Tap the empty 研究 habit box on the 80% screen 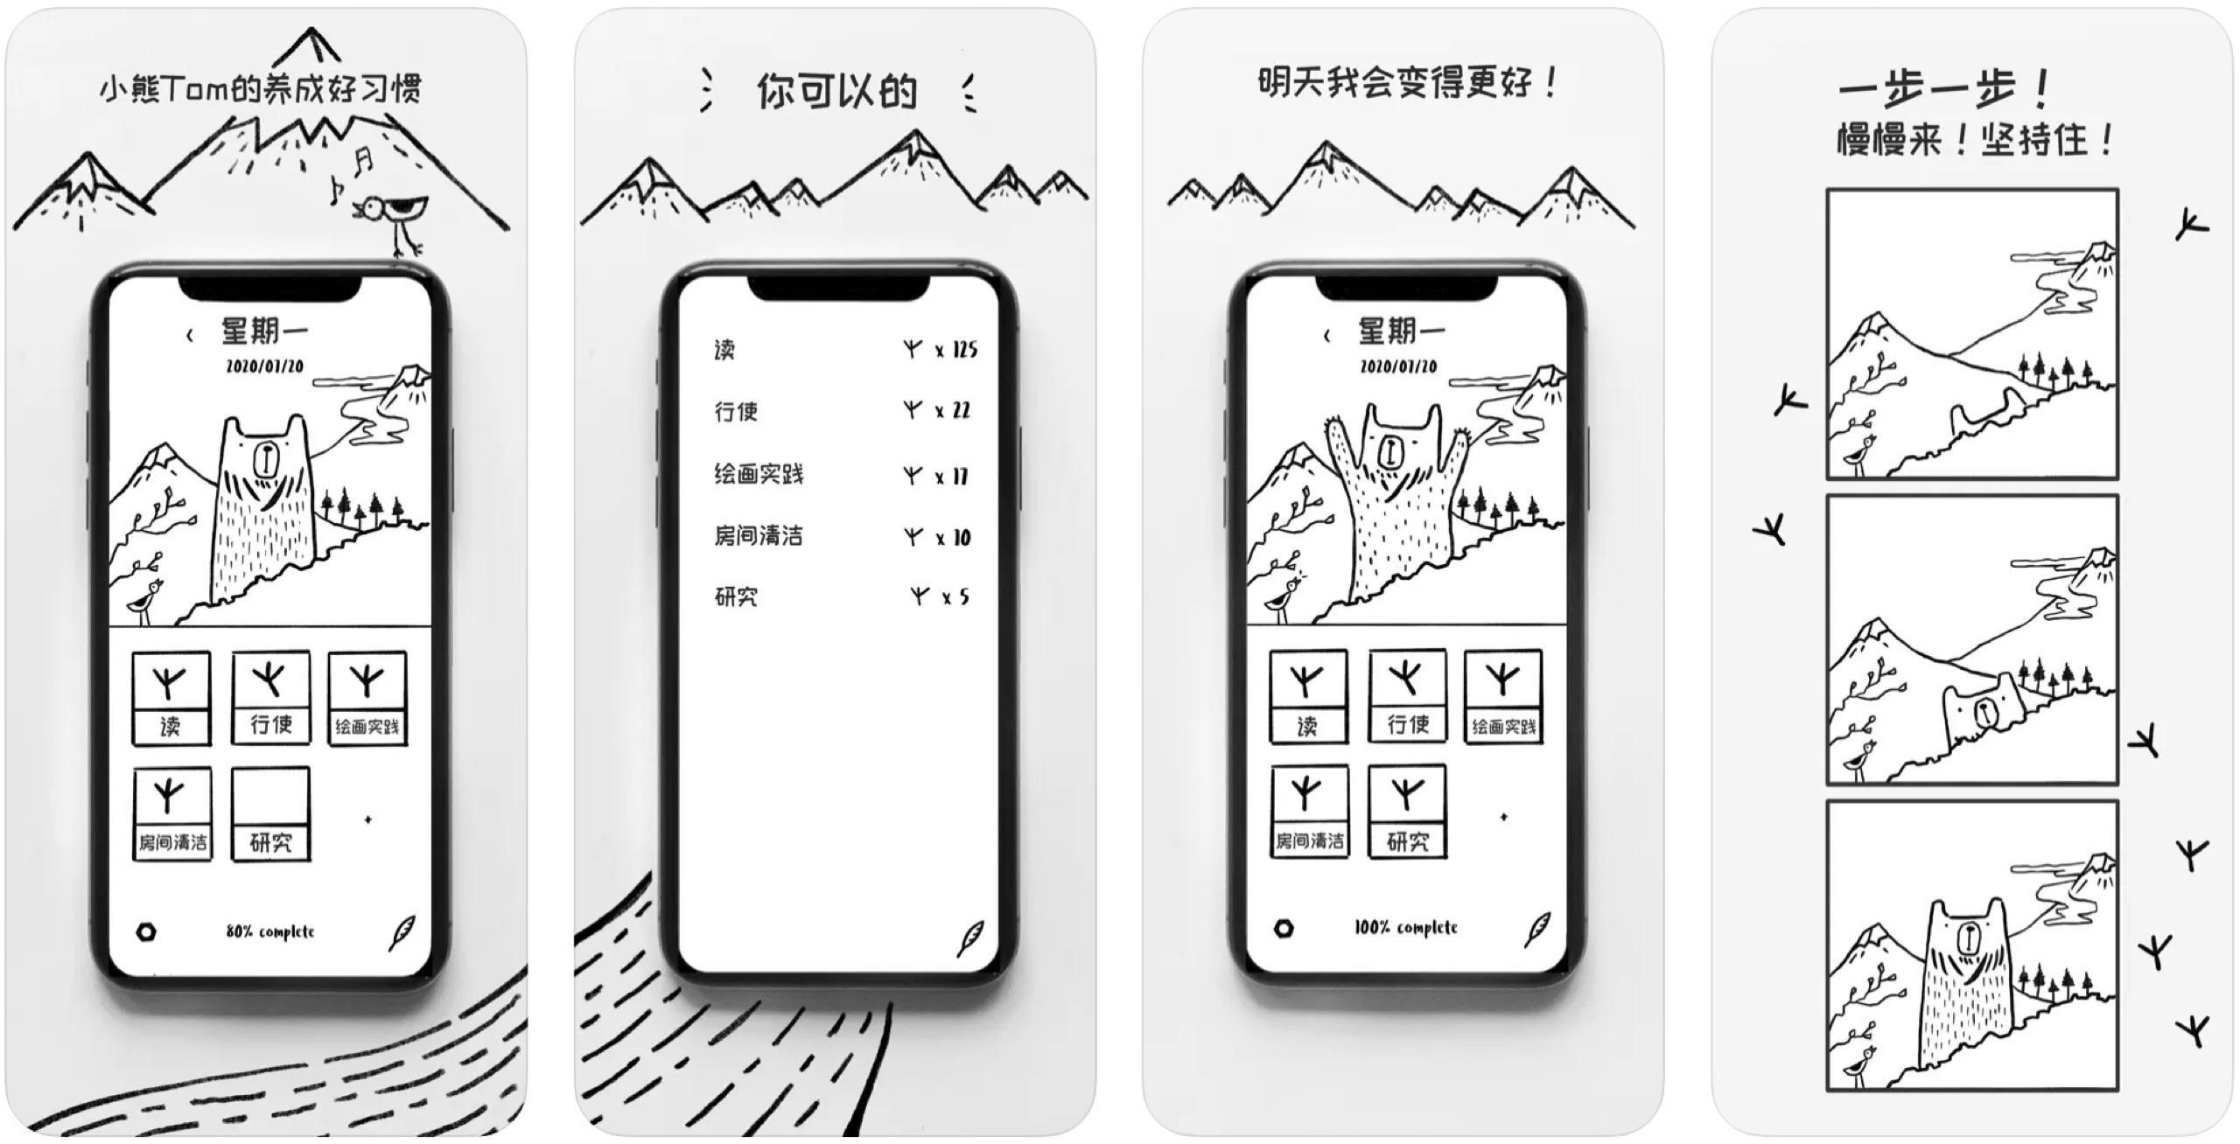(x=270, y=814)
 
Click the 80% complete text (x=269, y=931)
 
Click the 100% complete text (x=1406, y=927)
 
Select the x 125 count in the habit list (x=956, y=350)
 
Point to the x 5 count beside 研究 (x=955, y=597)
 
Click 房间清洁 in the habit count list (x=759, y=535)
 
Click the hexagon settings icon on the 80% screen (x=147, y=931)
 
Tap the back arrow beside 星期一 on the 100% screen (x=1326, y=336)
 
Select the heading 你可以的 (x=836, y=91)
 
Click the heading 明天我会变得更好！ (x=1408, y=83)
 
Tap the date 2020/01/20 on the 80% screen (x=265, y=366)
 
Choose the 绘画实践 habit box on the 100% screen (x=1503, y=697)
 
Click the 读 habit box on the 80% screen (x=171, y=699)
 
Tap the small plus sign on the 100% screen (x=1504, y=817)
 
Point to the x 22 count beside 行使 (x=953, y=410)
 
